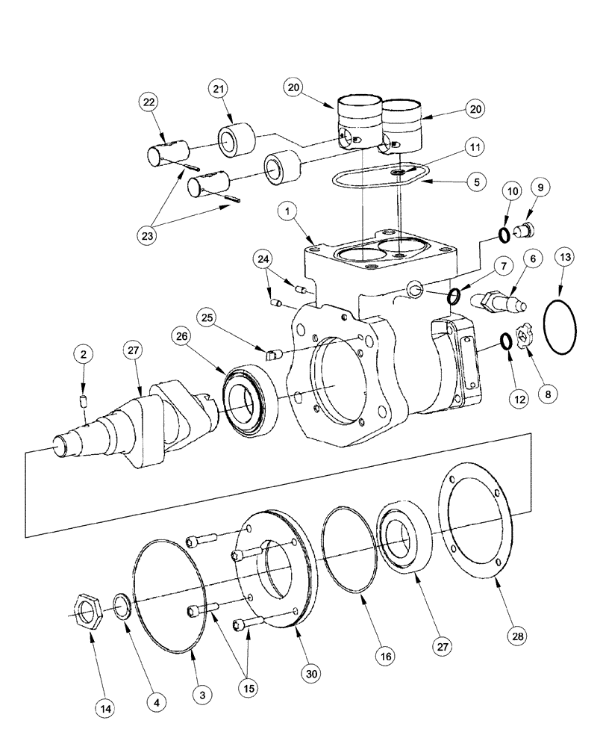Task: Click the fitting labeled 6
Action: pyautogui.click(x=497, y=301)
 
